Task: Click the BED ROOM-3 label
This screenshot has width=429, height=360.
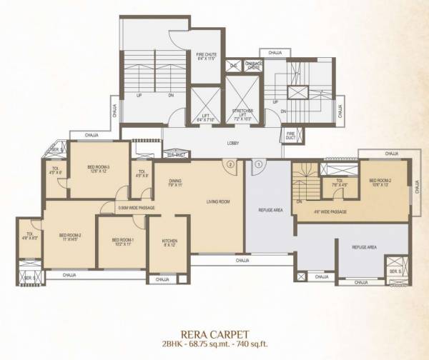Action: (x=94, y=169)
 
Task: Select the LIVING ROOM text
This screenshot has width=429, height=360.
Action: (x=217, y=202)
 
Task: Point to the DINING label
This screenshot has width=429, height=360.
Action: (x=176, y=182)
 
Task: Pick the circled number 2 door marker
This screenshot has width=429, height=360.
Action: (x=230, y=164)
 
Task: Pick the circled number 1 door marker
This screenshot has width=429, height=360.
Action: (x=257, y=164)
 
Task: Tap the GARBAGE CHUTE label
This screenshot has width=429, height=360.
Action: (x=254, y=66)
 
